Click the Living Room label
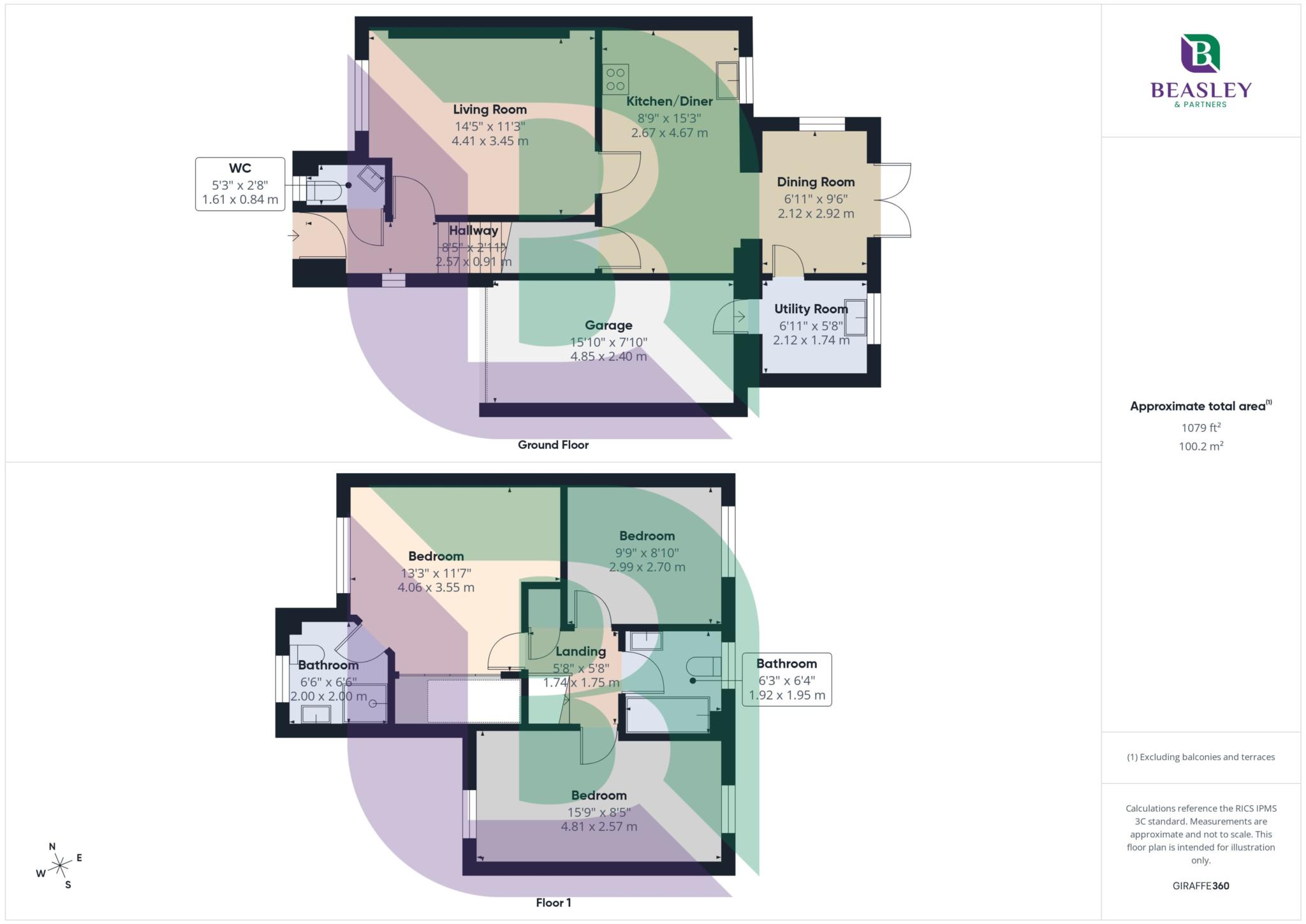(490, 110)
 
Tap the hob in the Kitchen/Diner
(615, 79)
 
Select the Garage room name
(608, 325)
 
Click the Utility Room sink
(856, 318)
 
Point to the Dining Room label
(816, 182)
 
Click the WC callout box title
(240, 168)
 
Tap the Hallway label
(473, 231)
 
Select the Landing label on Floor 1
(580, 652)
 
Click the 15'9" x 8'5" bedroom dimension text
(599, 812)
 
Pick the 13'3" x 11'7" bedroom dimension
(436, 573)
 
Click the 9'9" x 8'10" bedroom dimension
(647, 553)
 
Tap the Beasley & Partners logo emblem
(1200, 54)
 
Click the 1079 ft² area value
(1200, 428)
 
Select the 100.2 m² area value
(1200, 446)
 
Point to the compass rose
(59, 865)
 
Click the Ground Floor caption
(553, 445)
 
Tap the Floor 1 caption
(553, 903)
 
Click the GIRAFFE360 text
(1200, 886)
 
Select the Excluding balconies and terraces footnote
(1200, 758)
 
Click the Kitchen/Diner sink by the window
(727, 80)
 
